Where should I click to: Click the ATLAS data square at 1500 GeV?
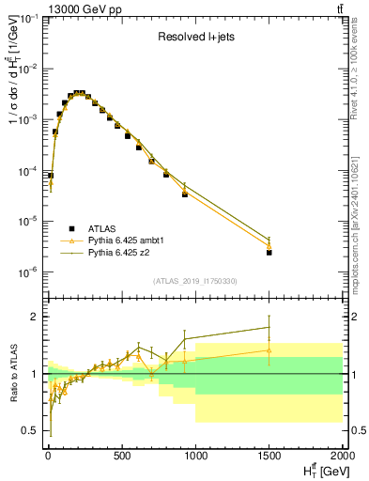(269, 253)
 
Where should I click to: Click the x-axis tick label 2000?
(341, 455)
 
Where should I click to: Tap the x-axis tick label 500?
(121, 455)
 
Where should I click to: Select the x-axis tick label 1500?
(269, 455)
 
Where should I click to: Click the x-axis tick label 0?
(48, 455)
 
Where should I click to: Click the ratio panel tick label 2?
(35, 317)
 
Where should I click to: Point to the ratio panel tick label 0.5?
(30, 431)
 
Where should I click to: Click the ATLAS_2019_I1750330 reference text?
(194, 281)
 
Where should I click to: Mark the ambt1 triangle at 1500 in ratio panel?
(269, 349)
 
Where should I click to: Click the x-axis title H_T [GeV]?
(319, 471)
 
